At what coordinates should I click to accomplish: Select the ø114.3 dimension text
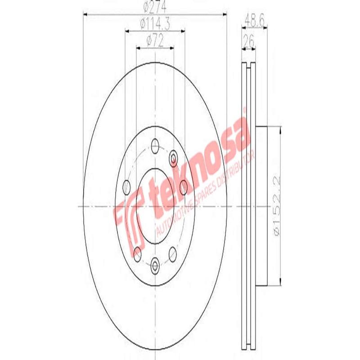tap(154, 23)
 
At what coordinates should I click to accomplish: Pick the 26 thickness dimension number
tap(249, 41)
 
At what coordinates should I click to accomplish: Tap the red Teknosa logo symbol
tap(128, 220)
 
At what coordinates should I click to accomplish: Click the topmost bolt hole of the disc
tap(156, 145)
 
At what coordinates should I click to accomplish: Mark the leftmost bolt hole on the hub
tap(126, 185)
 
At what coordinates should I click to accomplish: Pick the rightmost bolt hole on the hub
tap(184, 185)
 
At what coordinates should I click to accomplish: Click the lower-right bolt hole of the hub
tap(173, 255)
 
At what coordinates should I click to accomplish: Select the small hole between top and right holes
tap(174, 158)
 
